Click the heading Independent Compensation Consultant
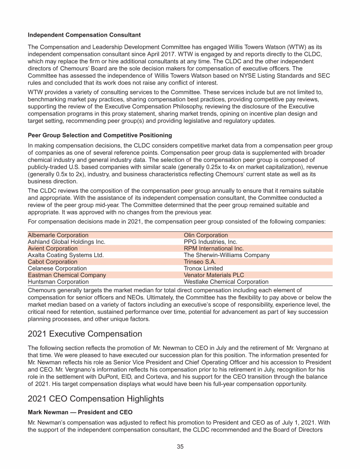[x=84, y=35]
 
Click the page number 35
[x=180, y=446]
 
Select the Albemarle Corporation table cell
[x=58, y=235]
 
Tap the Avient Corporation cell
[x=53, y=249]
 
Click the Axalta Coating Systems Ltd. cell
[x=66, y=255]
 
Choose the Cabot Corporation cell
[x=52, y=262]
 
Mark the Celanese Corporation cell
[x=57, y=269]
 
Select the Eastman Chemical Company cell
[x=67, y=275]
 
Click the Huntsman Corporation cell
[x=58, y=282]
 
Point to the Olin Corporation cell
[x=206, y=235]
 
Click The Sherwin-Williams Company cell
[x=226, y=255]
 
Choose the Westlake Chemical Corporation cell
[x=226, y=282]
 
